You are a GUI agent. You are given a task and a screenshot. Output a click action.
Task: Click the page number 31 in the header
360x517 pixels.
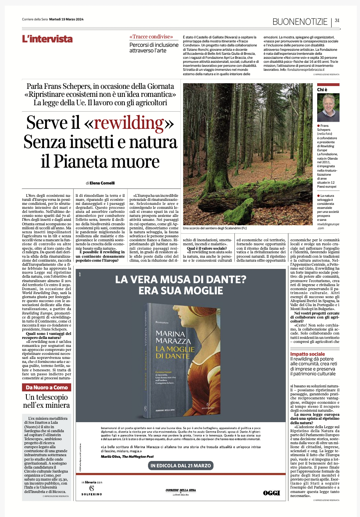coord(337,21)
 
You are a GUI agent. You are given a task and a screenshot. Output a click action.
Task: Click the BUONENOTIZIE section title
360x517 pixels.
coord(300,21)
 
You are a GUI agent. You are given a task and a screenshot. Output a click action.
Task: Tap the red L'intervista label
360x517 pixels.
coord(47,39)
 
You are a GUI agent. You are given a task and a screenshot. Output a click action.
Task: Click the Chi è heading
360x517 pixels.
coord(322,90)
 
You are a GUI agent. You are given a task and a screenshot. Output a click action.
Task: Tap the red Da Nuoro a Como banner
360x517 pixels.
coord(46,387)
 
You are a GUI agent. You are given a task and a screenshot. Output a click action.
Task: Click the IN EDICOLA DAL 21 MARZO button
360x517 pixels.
coord(181,466)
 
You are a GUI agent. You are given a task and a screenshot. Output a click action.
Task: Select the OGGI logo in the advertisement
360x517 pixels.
coord(271,493)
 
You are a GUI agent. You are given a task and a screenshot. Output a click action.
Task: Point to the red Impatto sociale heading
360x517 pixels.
coord(308,354)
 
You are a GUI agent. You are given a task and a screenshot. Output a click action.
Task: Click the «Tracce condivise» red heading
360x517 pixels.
coord(151,37)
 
